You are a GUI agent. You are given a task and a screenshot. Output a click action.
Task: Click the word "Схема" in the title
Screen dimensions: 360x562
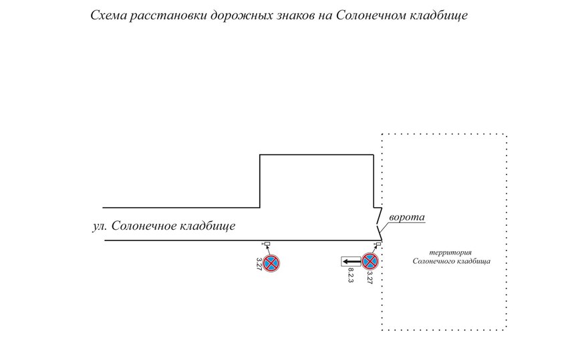(108, 15)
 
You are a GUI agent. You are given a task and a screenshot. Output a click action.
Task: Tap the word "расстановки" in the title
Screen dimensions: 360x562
(164, 15)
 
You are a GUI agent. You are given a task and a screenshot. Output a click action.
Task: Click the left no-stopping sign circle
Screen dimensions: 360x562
(272, 262)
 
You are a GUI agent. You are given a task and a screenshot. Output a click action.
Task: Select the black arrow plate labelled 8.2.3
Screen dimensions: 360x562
(350, 262)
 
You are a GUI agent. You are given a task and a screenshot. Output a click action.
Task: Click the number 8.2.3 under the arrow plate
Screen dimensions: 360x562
(350, 277)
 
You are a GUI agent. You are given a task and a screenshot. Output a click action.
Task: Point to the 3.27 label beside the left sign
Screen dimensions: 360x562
(259, 263)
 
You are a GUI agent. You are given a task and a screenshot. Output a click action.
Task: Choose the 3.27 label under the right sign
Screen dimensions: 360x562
(370, 278)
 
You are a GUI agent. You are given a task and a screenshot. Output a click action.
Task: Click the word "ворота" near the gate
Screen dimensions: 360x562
(407, 218)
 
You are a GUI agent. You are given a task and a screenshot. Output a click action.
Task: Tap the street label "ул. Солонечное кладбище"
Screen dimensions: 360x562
(164, 226)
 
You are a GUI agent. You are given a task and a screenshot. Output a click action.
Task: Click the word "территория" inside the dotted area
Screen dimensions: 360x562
(451, 252)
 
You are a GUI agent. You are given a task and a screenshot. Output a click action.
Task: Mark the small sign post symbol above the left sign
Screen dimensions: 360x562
(267, 244)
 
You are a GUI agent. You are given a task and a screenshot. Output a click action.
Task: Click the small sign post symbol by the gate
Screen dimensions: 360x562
(378, 244)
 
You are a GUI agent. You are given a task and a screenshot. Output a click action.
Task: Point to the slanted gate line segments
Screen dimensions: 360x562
(378, 224)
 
